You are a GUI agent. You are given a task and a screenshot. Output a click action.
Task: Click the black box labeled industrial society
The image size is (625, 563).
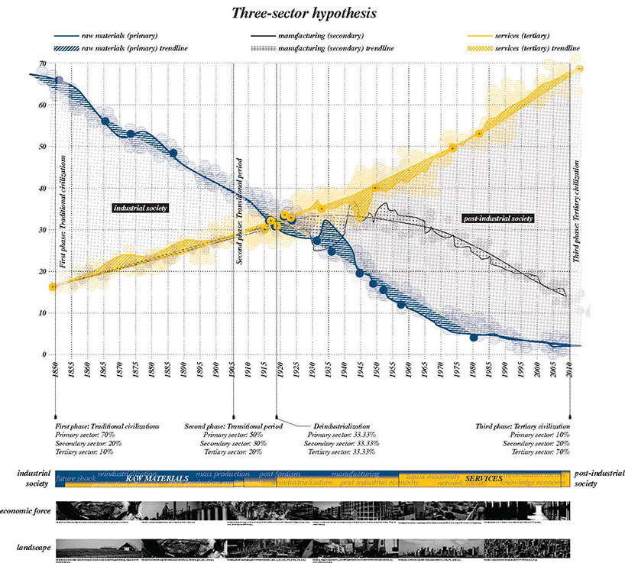(140, 208)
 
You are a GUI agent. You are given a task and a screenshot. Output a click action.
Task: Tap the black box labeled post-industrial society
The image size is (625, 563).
(497, 218)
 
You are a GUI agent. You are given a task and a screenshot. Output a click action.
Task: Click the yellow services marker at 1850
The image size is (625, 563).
(53, 287)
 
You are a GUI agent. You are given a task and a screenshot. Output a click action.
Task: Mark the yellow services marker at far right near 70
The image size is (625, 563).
(579, 69)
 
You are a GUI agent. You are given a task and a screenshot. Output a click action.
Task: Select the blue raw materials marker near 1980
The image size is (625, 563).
(474, 338)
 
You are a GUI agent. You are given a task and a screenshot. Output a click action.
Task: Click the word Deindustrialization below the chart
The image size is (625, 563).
(342, 426)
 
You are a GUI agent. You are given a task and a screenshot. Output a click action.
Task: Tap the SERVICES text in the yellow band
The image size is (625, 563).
(483, 479)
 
